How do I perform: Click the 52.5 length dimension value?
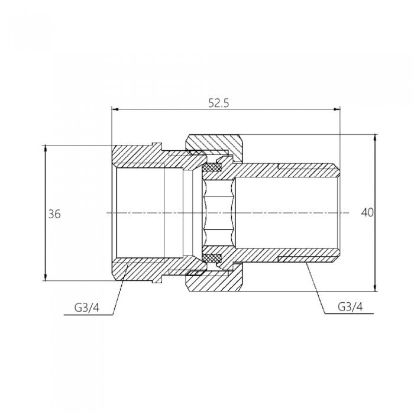pyautogui.click(x=219, y=103)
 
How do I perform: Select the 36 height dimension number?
pyautogui.click(x=54, y=214)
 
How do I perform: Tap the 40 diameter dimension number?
pyautogui.click(x=367, y=212)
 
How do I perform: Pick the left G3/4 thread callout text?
pyautogui.click(x=87, y=308)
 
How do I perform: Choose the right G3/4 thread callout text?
pyautogui.click(x=350, y=306)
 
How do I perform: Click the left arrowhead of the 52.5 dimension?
pyautogui.click(x=115, y=109)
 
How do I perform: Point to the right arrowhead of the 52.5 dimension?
pyautogui.click(x=337, y=109)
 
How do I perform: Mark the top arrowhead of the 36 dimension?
pyautogui.click(x=46, y=148)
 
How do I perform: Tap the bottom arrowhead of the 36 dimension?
pyautogui.click(x=46, y=277)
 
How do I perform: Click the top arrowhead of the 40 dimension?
pyautogui.click(x=375, y=138)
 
